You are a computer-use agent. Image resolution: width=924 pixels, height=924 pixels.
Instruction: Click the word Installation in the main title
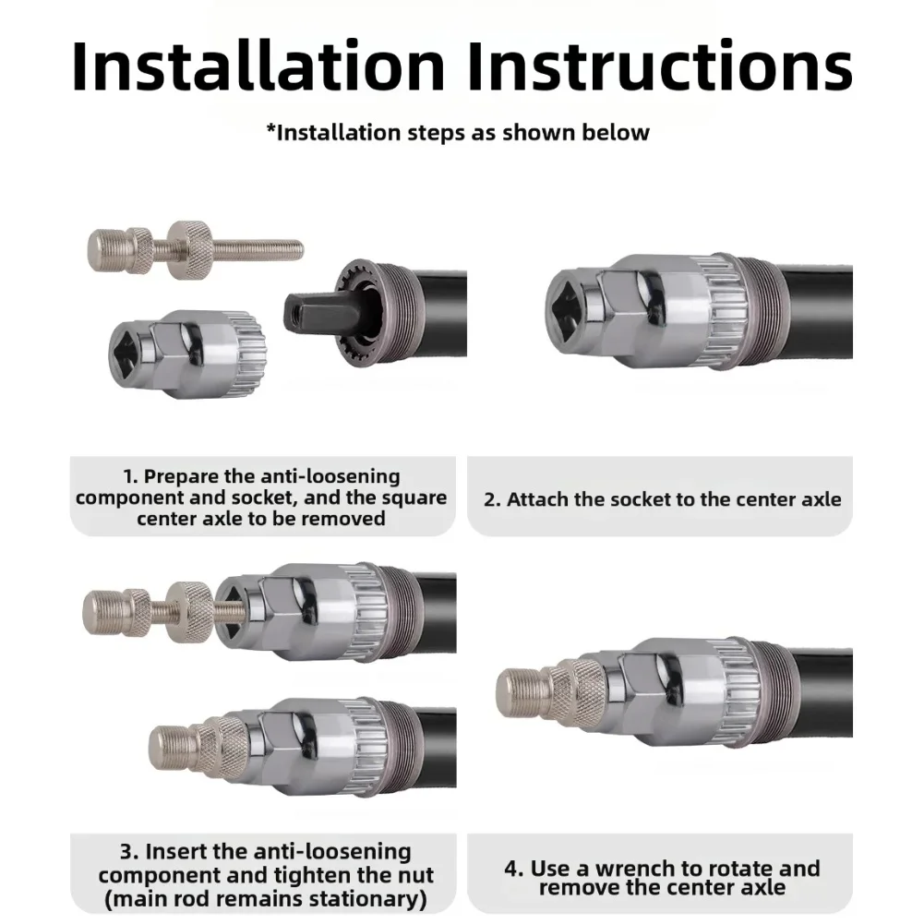click(x=258, y=66)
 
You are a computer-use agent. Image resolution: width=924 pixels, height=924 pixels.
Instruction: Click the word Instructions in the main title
click(x=660, y=66)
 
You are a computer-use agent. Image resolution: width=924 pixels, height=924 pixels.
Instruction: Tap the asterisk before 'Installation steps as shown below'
click(x=271, y=128)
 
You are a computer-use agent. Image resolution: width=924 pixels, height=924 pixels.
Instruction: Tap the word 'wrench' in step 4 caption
click(x=635, y=869)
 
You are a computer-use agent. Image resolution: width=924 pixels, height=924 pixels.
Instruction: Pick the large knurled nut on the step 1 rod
click(x=188, y=248)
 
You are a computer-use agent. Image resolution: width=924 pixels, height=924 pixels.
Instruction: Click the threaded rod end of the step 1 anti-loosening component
click(x=258, y=248)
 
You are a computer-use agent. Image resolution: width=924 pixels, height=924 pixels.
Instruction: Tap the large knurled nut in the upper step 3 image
click(x=187, y=611)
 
